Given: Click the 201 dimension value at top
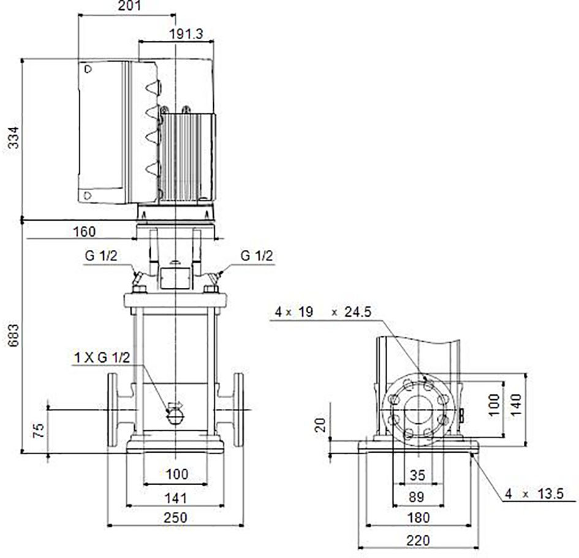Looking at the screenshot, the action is pos(129,6).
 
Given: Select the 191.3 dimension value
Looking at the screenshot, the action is pos(186,34).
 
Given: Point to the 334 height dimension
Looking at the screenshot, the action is pos(13,137).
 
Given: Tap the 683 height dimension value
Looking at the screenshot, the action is pos(13,335).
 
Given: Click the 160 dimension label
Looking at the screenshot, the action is pos(84,232).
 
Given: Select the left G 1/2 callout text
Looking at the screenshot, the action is pos(101,256).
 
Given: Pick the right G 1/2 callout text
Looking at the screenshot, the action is pos(257,256).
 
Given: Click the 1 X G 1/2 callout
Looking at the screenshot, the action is pos(102,358).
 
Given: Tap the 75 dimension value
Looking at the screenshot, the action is pos(39,431).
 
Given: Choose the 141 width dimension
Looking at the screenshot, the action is pos(175,498).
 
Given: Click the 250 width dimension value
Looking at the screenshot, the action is pos(175,518).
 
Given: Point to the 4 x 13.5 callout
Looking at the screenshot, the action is pos(535,494).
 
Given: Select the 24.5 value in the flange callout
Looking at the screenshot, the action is pos(358,312).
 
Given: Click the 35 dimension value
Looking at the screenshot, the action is pos(417,475).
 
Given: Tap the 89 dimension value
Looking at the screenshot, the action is pos(416,497).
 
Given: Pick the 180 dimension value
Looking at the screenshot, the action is pos(418,518).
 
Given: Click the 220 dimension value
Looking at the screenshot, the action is pos(418,541).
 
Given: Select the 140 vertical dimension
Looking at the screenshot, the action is pos(516,405).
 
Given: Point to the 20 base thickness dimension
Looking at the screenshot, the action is pos(320,425).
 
